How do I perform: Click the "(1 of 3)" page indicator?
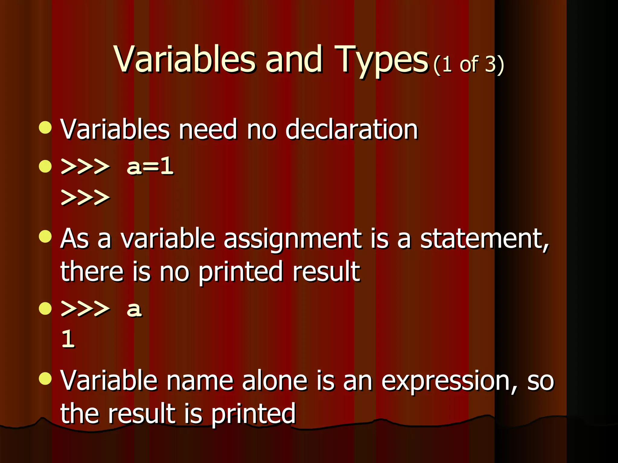click(x=468, y=65)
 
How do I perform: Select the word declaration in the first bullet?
click(x=352, y=130)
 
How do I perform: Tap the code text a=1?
click(x=150, y=166)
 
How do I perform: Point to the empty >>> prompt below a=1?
click(x=85, y=197)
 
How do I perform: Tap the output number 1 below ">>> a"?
click(x=68, y=339)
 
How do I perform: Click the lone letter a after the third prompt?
click(x=134, y=309)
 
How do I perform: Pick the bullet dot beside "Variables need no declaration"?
click(x=45, y=128)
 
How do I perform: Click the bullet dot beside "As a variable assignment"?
click(x=45, y=237)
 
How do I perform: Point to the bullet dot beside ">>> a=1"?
click(x=45, y=166)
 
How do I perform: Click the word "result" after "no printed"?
click(x=326, y=272)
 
